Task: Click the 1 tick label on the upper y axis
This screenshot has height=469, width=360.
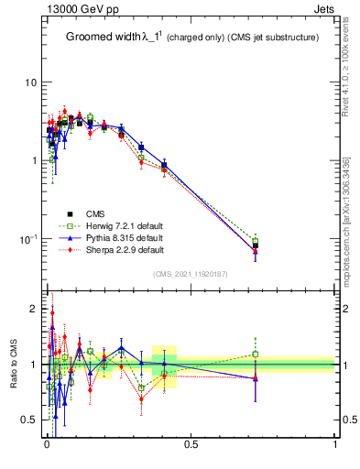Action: click(33, 160)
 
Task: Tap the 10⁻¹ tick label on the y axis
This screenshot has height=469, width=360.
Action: click(27, 238)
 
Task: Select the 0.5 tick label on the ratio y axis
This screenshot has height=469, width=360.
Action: click(28, 420)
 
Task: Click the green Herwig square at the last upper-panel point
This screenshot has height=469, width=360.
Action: click(256, 242)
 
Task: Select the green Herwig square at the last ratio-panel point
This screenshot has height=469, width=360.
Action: click(256, 354)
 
